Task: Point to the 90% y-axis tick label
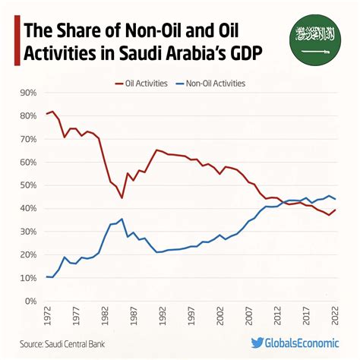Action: coord(27,93)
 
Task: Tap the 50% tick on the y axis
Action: coord(27,185)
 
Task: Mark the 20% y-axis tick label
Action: coord(27,254)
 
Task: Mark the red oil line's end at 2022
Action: coord(335,210)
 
